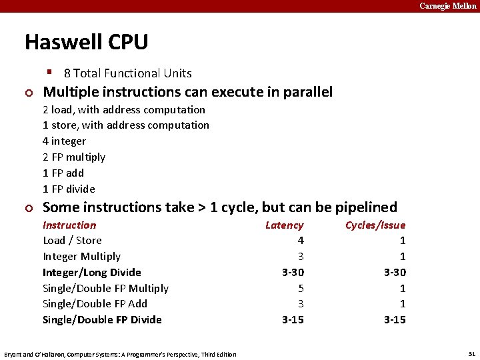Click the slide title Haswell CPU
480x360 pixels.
(x=86, y=42)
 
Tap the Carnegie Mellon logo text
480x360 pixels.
(x=447, y=6)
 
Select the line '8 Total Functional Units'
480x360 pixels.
(x=127, y=73)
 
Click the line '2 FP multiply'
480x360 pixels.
(x=74, y=157)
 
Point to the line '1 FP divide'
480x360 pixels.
(x=69, y=189)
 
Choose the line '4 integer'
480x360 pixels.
(x=64, y=141)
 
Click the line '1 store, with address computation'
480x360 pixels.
(x=126, y=125)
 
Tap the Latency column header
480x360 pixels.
(x=284, y=225)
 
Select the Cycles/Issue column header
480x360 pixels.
(x=375, y=225)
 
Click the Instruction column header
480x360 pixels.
(x=69, y=225)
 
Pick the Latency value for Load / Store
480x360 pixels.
(x=300, y=241)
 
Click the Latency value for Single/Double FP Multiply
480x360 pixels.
(x=300, y=288)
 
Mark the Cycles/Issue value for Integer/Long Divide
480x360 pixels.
(x=395, y=272)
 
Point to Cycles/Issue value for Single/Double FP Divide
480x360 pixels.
(x=395, y=320)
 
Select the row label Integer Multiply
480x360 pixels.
(x=81, y=257)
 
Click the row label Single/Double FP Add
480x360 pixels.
(x=95, y=304)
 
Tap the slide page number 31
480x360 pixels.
(x=471, y=354)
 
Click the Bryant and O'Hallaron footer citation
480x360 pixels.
(x=120, y=354)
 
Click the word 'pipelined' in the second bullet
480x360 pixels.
(x=365, y=207)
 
